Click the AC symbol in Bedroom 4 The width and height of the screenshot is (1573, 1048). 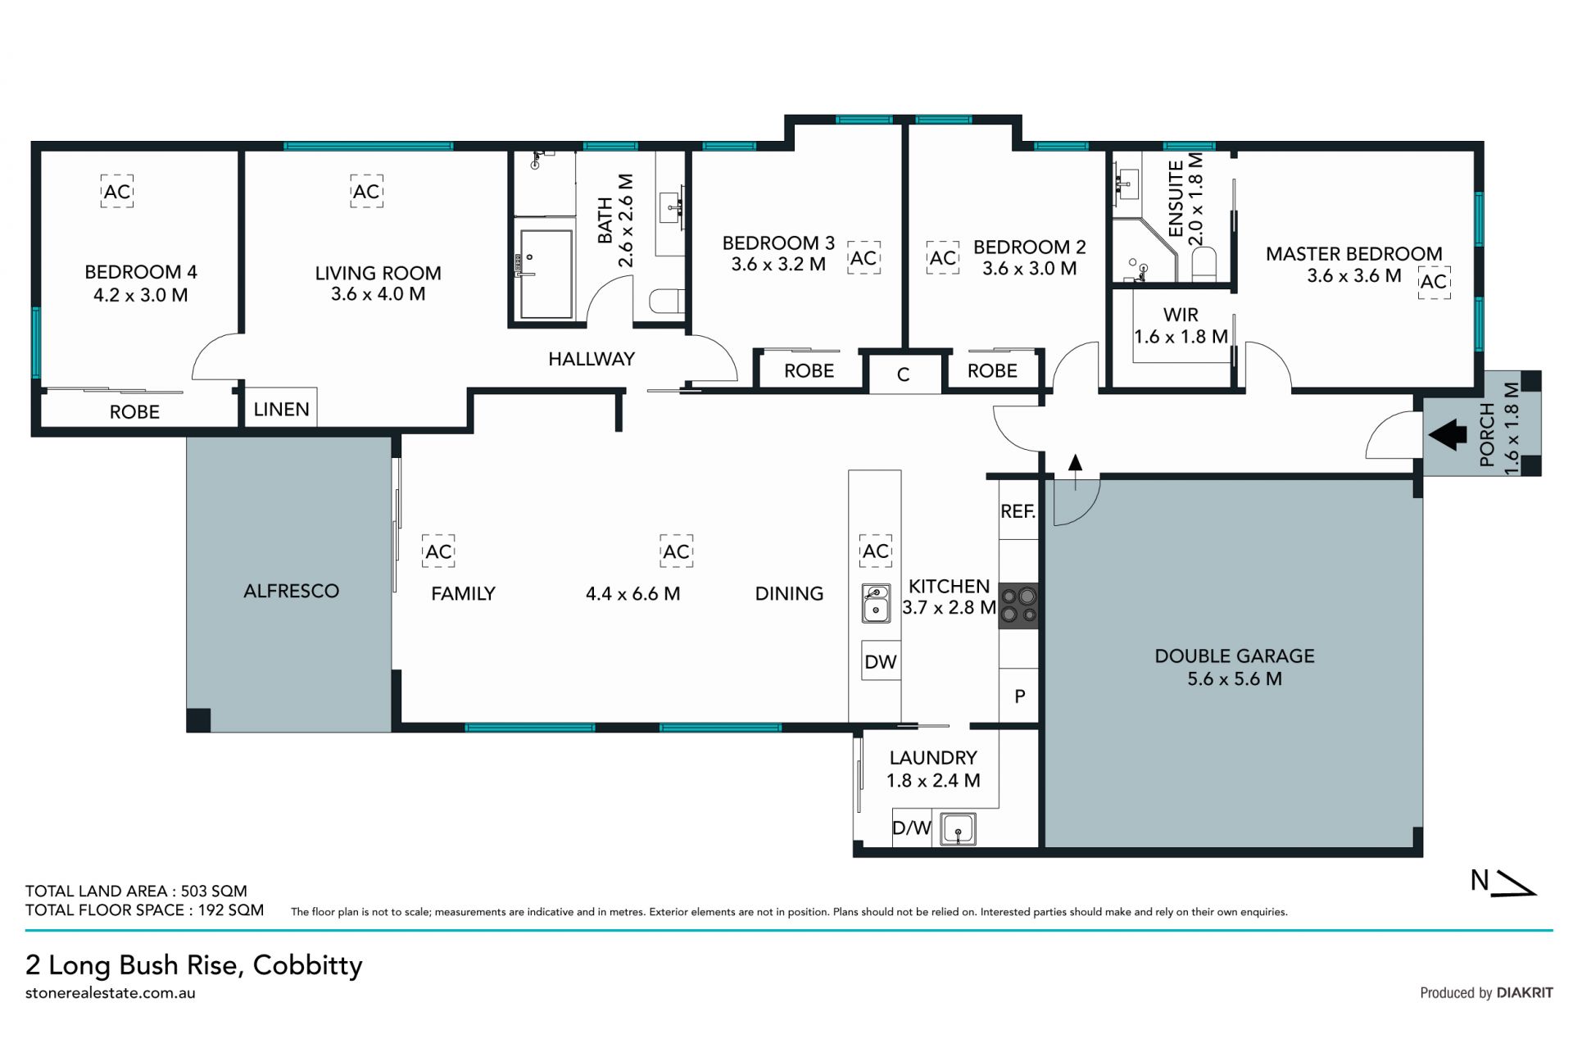[117, 191]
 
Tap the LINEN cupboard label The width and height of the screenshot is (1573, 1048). [281, 409]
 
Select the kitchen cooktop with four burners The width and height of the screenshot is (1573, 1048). [1018, 606]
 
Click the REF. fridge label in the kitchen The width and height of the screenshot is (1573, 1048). [1018, 511]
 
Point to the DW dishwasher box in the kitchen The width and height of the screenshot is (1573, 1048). [881, 661]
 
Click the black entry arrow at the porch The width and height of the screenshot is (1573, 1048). [1448, 435]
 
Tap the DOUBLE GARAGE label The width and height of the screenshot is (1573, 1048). [1235, 656]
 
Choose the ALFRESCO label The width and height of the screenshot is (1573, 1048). [291, 591]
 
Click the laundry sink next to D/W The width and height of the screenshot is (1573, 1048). [958, 828]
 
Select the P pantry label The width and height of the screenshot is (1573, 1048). [1020, 696]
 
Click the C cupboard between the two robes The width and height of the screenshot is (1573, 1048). [904, 374]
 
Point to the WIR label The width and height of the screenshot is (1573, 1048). [1181, 315]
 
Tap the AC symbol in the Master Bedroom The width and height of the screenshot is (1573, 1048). [1434, 282]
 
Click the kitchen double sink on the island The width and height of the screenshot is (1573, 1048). [876, 603]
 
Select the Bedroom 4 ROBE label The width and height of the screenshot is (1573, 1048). [134, 411]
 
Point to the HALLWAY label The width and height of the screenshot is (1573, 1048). [592, 359]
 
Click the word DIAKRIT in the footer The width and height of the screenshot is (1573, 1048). [1525, 992]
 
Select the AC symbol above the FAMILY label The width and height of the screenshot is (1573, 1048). [438, 551]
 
